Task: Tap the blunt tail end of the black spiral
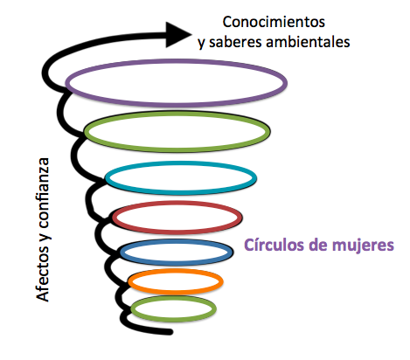pyautogui.click(x=170, y=331)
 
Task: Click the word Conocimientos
pyautogui.click(x=274, y=22)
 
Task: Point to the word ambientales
pyautogui.click(x=308, y=42)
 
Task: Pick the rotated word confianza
pyautogui.click(x=44, y=193)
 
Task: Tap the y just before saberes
pyautogui.click(x=202, y=44)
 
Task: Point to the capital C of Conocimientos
pyautogui.click(x=227, y=22)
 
